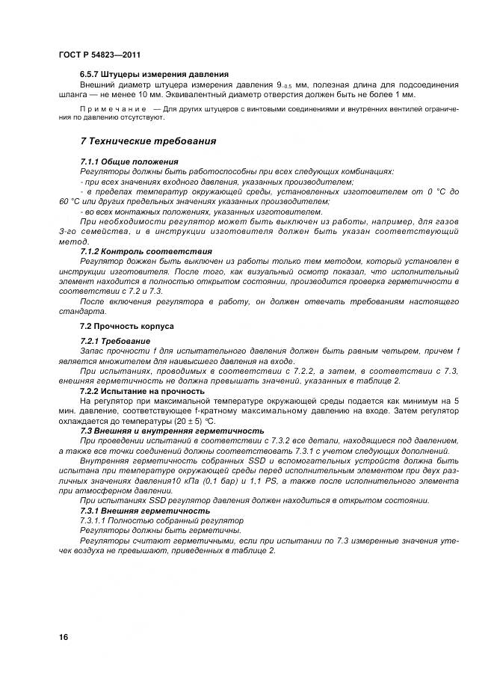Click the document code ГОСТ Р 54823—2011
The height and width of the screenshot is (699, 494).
tap(99, 55)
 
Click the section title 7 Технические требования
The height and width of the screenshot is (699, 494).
tap(148, 141)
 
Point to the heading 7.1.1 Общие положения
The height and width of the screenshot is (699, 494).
tap(129, 161)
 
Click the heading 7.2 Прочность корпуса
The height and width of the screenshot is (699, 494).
tap(126, 327)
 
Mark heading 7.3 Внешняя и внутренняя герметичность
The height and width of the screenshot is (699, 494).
tap(172, 431)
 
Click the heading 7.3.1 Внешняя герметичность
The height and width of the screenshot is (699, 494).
tap(145, 510)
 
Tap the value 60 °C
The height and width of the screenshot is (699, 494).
tap(72, 201)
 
